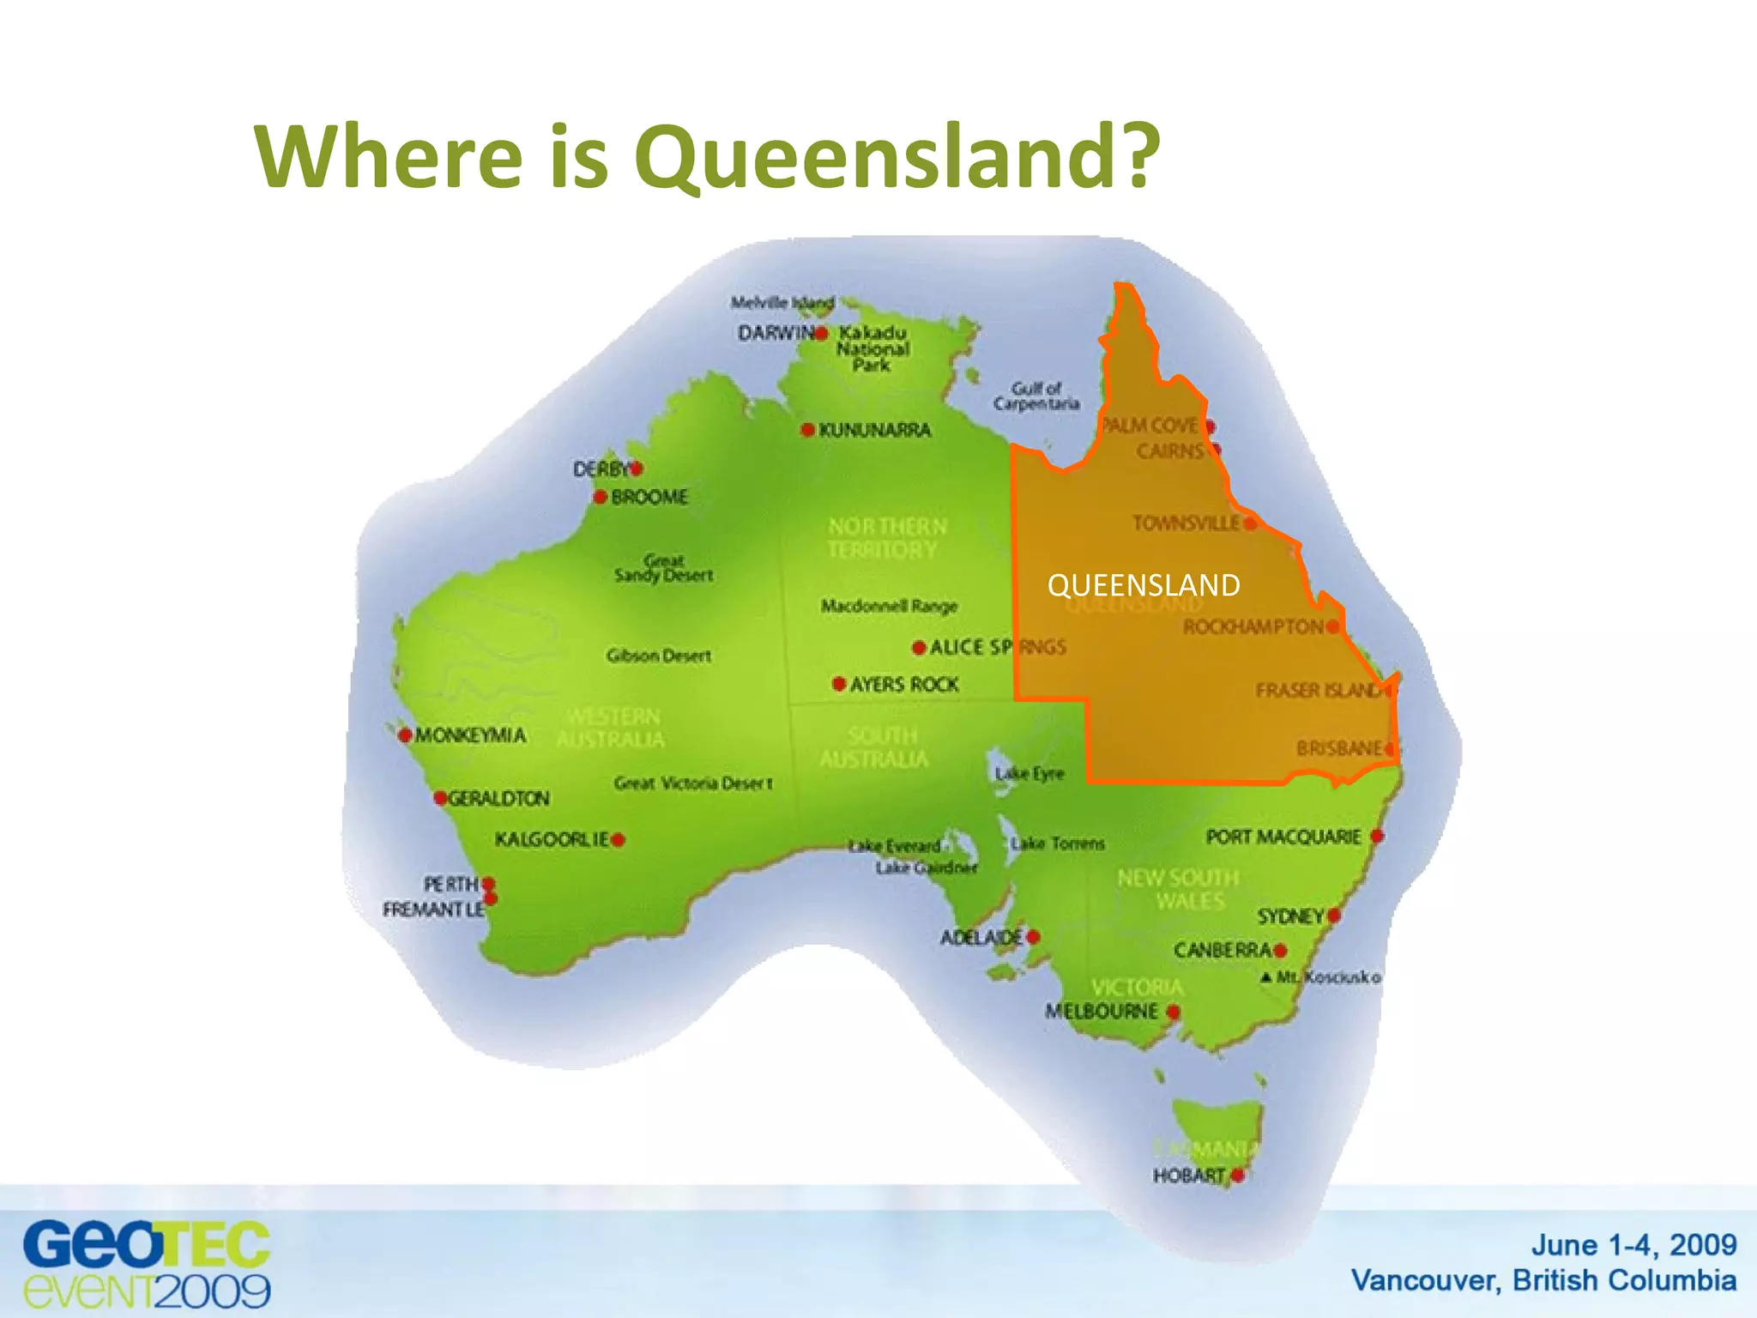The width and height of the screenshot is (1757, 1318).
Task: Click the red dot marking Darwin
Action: [x=821, y=333]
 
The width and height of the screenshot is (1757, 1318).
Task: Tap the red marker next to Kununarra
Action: [x=807, y=429]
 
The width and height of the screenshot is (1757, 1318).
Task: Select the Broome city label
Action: [x=649, y=497]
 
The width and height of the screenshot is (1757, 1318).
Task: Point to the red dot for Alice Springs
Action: [x=919, y=647]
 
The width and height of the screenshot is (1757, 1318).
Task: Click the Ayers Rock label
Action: [x=904, y=684]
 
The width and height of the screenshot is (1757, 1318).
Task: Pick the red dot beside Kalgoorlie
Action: [x=618, y=839]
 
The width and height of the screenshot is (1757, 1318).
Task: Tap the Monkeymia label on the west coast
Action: [x=470, y=735]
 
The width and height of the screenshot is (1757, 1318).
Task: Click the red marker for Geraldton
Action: [x=440, y=798]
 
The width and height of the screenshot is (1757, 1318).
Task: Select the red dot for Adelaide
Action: [x=1033, y=937]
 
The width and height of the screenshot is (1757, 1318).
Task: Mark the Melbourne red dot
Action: [x=1173, y=1013]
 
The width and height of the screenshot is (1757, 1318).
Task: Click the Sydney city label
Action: [x=1290, y=916]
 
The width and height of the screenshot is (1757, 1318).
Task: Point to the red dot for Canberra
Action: [x=1280, y=950]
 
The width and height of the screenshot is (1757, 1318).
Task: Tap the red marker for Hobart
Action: [x=1237, y=1175]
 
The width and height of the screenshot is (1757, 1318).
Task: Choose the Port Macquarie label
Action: [x=1283, y=837]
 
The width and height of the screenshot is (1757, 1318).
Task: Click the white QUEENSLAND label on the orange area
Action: [x=1144, y=585]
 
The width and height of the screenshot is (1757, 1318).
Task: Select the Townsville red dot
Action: [x=1250, y=523]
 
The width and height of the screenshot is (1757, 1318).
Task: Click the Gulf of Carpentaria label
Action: [x=1036, y=396]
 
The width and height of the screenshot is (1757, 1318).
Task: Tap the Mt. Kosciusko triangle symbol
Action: [x=1266, y=976]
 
